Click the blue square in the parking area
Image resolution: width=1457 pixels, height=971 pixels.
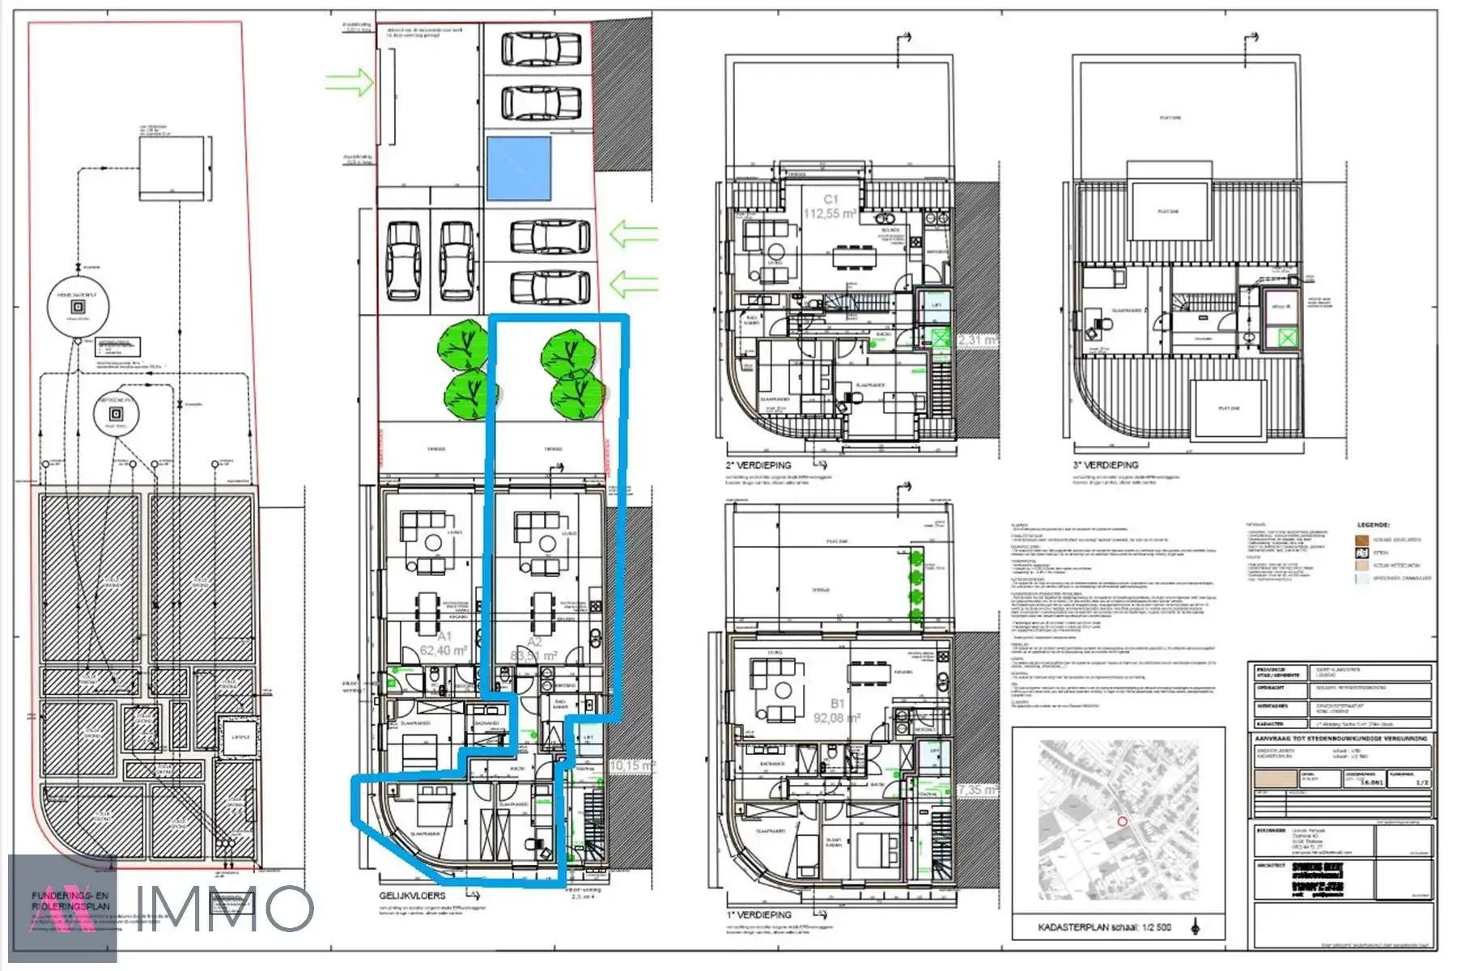pyautogui.click(x=519, y=168)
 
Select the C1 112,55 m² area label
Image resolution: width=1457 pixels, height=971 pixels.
pyautogui.click(x=830, y=206)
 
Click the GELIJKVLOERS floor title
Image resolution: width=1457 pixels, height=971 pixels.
pyautogui.click(x=412, y=896)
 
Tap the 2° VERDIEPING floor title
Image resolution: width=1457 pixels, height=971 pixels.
pyautogui.click(x=758, y=465)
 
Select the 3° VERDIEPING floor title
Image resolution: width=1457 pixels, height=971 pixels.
pyautogui.click(x=1106, y=465)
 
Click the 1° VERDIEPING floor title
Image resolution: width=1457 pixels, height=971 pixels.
pyautogui.click(x=758, y=914)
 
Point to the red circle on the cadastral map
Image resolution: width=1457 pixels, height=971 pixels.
pyautogui.click(x=1122, y=821)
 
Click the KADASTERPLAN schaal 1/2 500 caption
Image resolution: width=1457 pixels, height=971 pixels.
pyautogui.click(x=1104, y=927)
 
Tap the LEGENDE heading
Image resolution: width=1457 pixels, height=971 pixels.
pyautogui.click(x=1373, y=525)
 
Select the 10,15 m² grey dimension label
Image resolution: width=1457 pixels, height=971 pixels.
pyautogui.click(x=631, y=765)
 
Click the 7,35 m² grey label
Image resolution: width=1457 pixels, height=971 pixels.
pyautogui.click(x=978, y=789)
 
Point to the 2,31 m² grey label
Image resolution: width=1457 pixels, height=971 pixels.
pyautogui.click(x=977, y=340)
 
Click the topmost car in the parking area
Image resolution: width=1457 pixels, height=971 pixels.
pyautogui.click(x=541, y=49)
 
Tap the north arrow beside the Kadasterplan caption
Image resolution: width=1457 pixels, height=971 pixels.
pyautogui.click(x=1196, y=926)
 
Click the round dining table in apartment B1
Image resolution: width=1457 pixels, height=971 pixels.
pyautogui.click(x=782, y=690)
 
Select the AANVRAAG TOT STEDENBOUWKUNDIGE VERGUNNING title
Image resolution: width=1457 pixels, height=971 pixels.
pyautogui.click(x=1340, y=739)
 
